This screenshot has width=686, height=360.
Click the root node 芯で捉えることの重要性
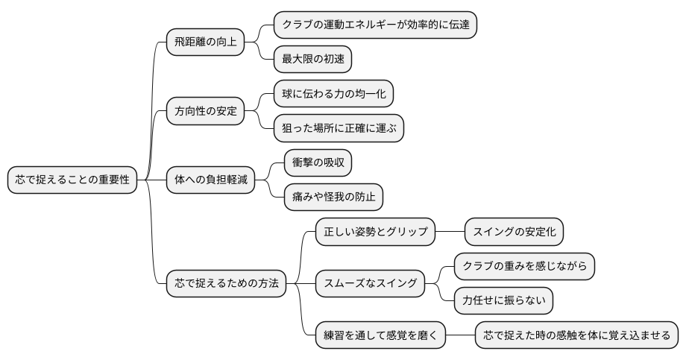(x=73, y=180)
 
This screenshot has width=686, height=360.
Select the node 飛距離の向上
(x=205, y=42)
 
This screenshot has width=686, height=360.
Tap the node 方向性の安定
(x=205, y=111)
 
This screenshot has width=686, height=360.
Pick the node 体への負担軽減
(x=210, y=180)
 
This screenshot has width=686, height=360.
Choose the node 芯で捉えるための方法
(x=226, y=284)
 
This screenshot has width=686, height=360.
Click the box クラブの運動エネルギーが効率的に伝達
(x=375, y=25)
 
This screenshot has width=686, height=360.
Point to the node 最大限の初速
(x=312, y=59)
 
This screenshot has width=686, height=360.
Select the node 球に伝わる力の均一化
(x=333, y=94)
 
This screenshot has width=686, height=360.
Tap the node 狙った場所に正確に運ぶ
(x=339, y=128)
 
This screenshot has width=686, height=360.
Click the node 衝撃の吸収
(x=318, y=163)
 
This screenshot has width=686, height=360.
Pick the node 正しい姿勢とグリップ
(x=375, y=232)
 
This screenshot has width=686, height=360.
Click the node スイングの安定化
(x=514, y=232)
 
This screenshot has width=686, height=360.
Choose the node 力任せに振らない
(x=503, y=301)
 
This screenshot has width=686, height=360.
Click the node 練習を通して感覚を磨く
(x=380, y=335)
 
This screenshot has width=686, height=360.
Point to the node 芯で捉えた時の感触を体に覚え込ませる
(x=577, y=335)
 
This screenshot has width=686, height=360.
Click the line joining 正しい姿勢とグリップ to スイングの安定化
(x=450, y=232)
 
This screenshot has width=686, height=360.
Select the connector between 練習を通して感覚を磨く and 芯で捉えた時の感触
(x=460, y=335)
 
